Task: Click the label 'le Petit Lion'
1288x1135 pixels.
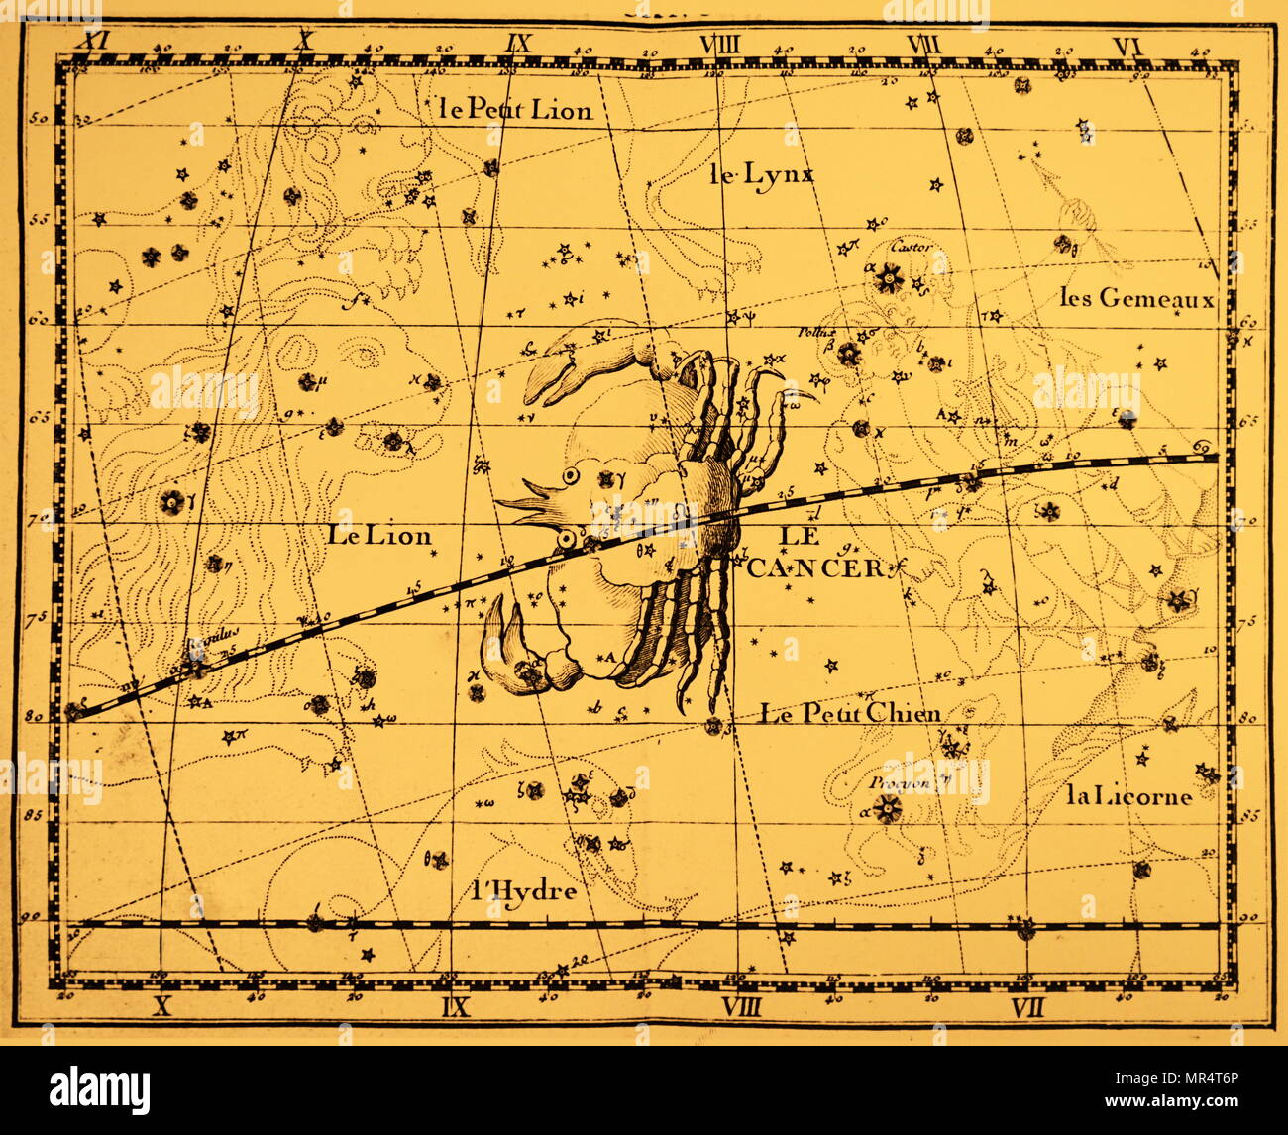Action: pos(515,109)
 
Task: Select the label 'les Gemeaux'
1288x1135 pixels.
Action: pos(1135,296)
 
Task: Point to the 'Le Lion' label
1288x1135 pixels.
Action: pos(379,536)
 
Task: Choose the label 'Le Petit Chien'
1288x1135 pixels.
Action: pos(850,712)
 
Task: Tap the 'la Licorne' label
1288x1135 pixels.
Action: pos(1129,795)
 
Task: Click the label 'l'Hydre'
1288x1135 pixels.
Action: pos(525,890)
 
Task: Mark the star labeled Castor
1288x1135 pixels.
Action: pos(887,281)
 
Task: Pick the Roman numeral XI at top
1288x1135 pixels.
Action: pos(95,43)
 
